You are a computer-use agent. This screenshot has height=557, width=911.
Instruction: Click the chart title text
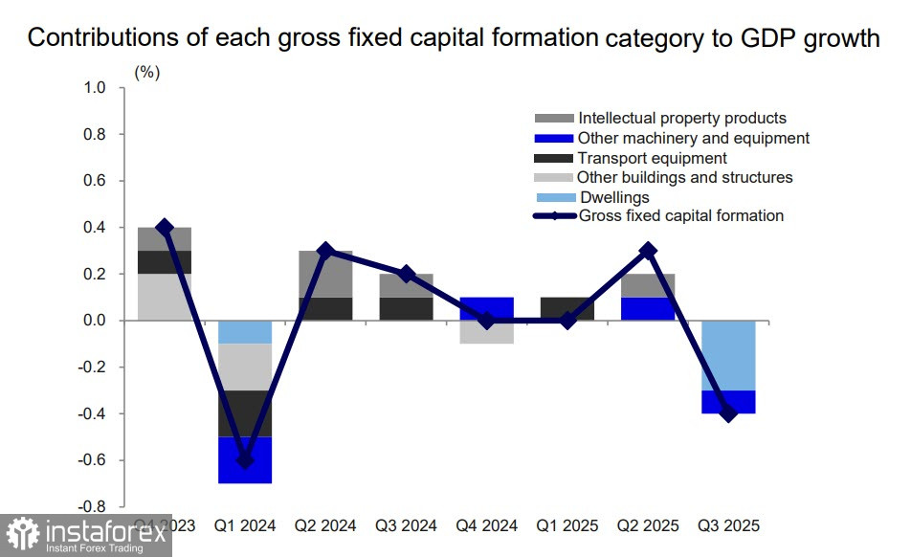point(454,38)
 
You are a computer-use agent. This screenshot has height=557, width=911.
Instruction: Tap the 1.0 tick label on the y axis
point(96,88)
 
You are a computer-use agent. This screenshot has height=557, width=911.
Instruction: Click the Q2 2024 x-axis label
point(325,525)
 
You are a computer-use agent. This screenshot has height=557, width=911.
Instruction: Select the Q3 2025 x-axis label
point(728,525)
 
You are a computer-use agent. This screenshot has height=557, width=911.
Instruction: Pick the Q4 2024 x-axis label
point(487,525)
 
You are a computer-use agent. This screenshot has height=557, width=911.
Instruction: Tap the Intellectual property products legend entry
point(681,118)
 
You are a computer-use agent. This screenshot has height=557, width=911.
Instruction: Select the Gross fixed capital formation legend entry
point(680,216)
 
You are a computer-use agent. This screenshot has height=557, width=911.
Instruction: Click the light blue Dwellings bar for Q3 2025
point(728,355)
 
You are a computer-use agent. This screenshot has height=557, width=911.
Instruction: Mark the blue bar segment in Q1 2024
point(245,460)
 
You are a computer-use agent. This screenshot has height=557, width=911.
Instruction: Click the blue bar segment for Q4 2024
point(487,308)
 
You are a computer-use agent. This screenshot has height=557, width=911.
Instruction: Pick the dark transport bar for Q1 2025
point(567,308)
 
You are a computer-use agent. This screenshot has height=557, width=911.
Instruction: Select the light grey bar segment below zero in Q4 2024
point(487,332)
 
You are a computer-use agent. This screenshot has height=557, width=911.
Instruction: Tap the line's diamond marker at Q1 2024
point(245,460)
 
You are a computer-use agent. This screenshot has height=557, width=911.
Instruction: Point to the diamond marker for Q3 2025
point(728,413)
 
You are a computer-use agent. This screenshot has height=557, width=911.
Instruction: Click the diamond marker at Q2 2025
point(648,251)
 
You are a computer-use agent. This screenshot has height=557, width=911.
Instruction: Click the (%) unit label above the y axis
point(146,72)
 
